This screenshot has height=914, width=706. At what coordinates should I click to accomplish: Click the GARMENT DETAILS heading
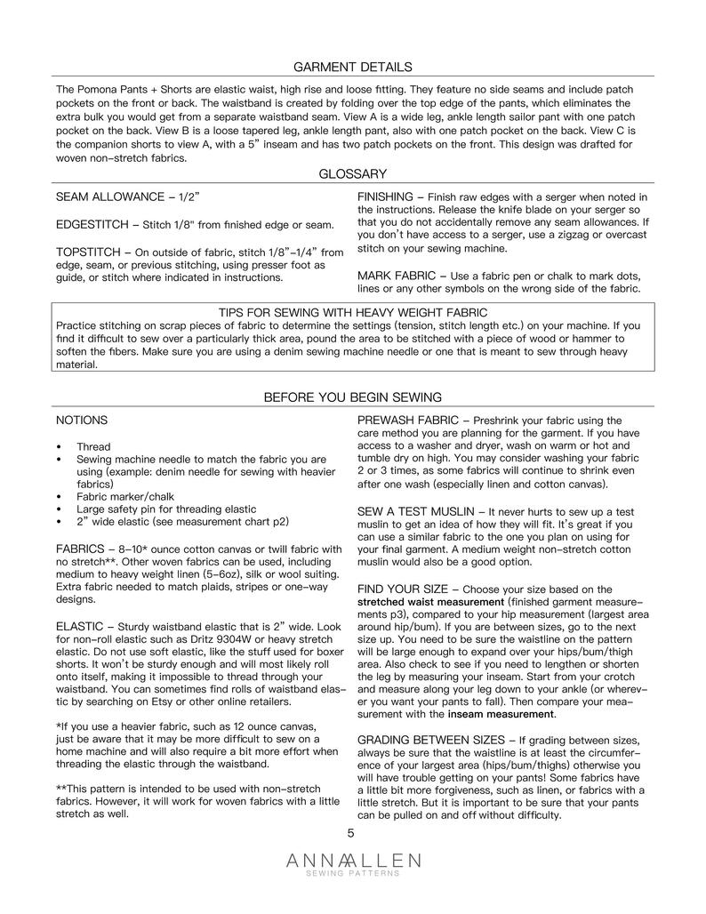352,67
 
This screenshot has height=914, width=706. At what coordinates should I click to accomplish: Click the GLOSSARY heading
352,174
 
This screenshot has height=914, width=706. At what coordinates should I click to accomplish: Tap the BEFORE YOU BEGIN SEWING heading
352,397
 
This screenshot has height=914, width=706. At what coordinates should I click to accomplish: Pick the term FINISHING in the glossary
385,196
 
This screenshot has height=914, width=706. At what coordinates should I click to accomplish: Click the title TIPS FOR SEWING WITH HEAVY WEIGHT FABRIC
353,312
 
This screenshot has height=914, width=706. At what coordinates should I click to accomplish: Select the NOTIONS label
82,420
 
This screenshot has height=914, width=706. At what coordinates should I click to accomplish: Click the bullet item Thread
93,446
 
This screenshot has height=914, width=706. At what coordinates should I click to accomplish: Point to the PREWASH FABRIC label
407,420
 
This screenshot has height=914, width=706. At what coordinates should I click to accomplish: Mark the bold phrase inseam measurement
501,714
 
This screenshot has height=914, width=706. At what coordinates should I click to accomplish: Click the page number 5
351,833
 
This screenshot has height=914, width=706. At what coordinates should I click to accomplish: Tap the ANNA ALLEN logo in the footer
353,862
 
